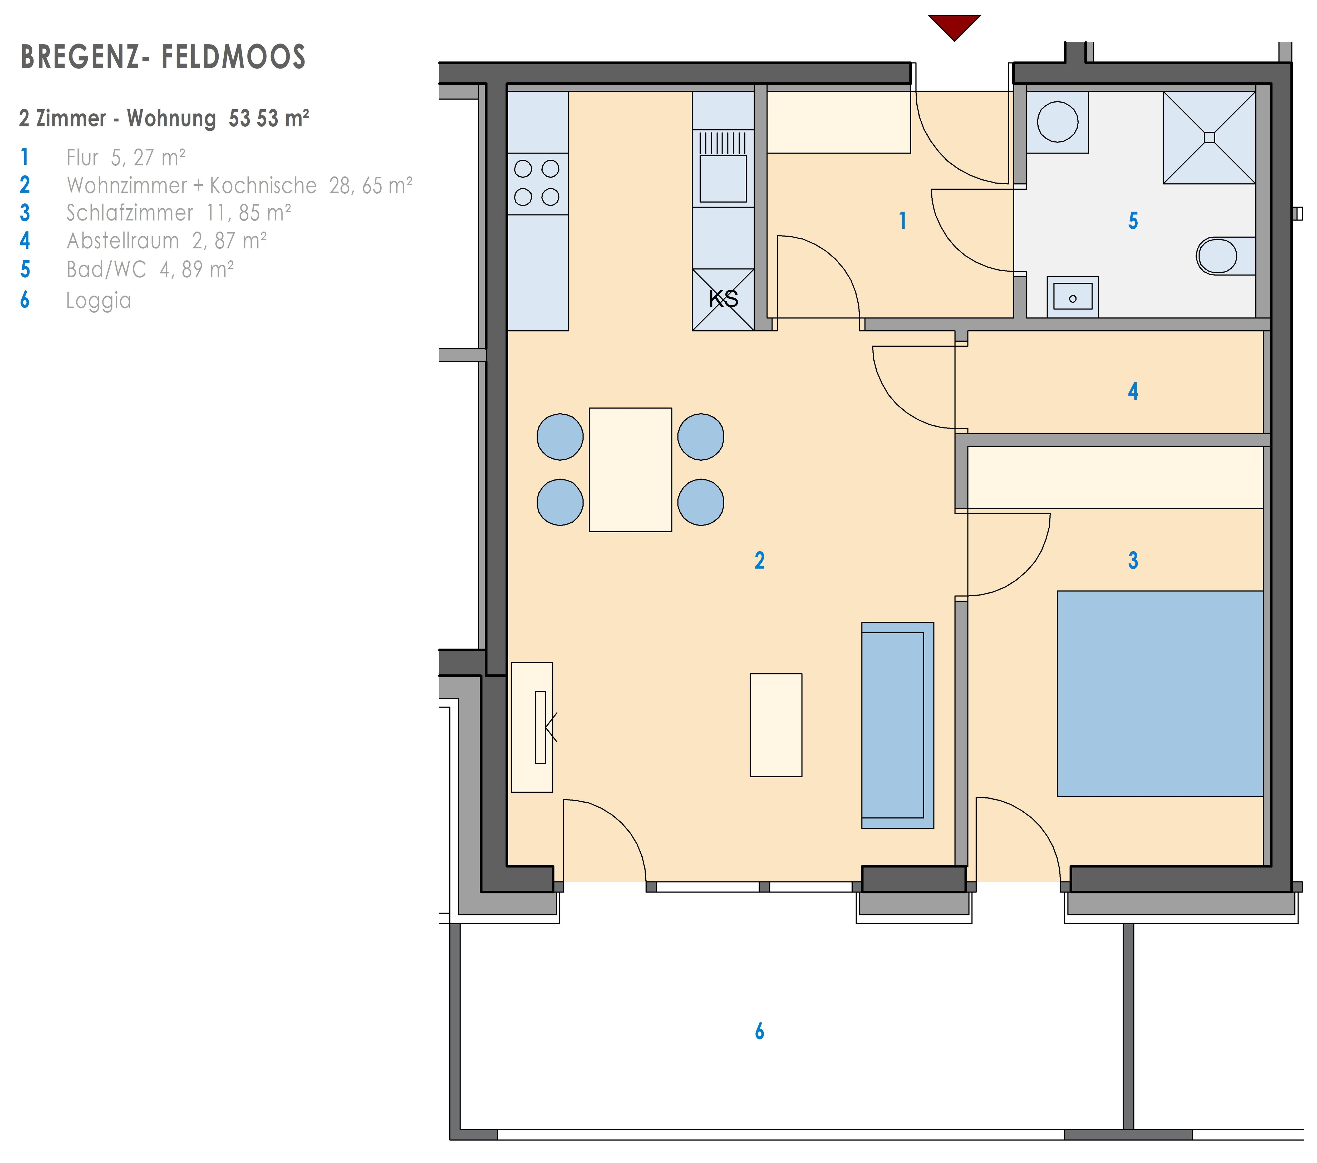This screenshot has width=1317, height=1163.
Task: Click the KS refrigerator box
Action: point(723,300)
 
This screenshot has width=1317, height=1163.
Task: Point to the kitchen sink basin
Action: point(723,179)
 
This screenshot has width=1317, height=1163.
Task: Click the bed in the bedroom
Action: point(1160,694)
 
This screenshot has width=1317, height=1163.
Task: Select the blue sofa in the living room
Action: point(898,725)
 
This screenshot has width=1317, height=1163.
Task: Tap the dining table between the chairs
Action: point(630,470)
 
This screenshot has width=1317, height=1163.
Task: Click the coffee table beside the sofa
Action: point(776,725)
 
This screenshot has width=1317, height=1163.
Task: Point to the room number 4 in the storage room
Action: point(1133,391)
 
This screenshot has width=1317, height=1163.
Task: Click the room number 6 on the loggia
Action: point(760,1031)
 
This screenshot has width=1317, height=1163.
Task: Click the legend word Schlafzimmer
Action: point(130,213)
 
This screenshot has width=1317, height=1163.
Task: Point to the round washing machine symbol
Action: point(1057,122)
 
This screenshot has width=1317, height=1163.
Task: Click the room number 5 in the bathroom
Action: point(1133,221)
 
